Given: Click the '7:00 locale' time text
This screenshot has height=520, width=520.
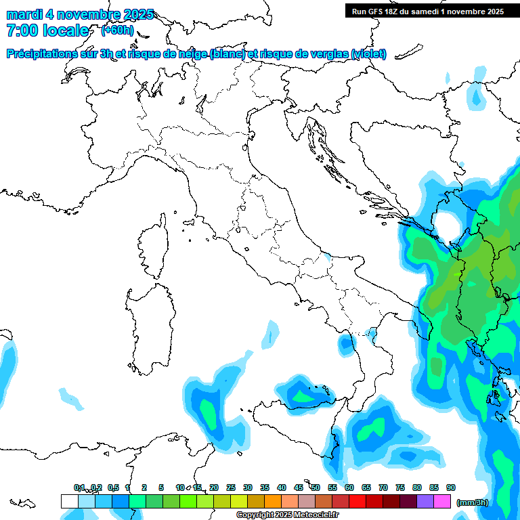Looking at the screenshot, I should pos(47,30).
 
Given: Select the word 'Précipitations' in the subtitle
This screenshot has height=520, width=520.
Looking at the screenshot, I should pos(44,53).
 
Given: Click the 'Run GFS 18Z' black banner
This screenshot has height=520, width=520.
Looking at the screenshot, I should pos(427,11).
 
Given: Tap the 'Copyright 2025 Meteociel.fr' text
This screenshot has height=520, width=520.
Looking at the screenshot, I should pos(287,515).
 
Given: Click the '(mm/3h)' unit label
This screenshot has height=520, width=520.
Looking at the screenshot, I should pos(472,502).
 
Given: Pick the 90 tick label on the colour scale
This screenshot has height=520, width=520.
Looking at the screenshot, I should pos(451,487).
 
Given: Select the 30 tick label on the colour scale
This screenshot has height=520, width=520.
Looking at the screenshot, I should pos(248,487).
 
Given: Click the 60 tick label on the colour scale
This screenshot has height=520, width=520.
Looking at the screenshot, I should pos(349,487).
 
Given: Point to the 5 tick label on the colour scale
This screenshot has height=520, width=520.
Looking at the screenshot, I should pos(161,487).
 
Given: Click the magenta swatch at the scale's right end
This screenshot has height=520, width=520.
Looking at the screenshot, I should pos(442,501).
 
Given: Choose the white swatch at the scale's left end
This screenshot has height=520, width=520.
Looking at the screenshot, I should pos(69,501).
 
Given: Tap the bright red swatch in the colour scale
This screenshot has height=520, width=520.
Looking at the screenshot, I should pos(357,501).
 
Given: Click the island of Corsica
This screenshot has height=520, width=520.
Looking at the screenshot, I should pos(152,247).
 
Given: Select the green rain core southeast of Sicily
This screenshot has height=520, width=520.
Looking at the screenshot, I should pos(370,430).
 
